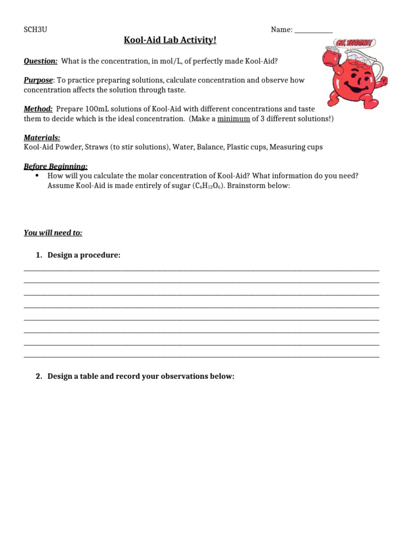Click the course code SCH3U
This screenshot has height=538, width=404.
[35, 30]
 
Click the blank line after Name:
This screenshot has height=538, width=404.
[314, 30]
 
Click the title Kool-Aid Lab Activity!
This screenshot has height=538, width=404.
[170, 40]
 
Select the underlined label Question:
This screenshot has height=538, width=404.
[41, 61]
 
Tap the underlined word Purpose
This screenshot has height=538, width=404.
[38, 80]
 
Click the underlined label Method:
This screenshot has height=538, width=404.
[38, 109]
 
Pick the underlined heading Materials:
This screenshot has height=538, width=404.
[42, 138]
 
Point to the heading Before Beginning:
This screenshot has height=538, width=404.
[56, 167]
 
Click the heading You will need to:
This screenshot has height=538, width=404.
[53, 233]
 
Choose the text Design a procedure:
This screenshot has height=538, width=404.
[84, 255]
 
